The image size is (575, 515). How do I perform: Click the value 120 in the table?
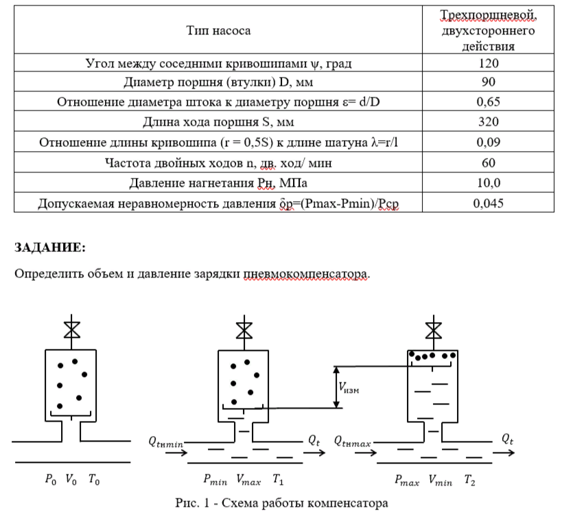point(489,64)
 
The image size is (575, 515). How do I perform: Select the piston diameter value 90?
point(489,83)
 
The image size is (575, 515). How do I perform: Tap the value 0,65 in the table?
point(489,102)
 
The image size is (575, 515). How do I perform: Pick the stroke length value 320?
point(489,123)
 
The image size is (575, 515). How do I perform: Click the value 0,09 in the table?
point(489,143)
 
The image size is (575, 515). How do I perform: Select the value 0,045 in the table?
point(489,203)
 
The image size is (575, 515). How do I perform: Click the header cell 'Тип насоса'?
point(218,30)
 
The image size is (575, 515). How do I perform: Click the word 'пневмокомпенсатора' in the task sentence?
point(306,273)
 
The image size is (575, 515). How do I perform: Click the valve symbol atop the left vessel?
point(71,328)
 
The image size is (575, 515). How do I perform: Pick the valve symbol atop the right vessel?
point(433,328)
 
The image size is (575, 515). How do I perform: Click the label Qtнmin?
point(165,443)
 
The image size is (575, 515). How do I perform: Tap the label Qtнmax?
point(352,443)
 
